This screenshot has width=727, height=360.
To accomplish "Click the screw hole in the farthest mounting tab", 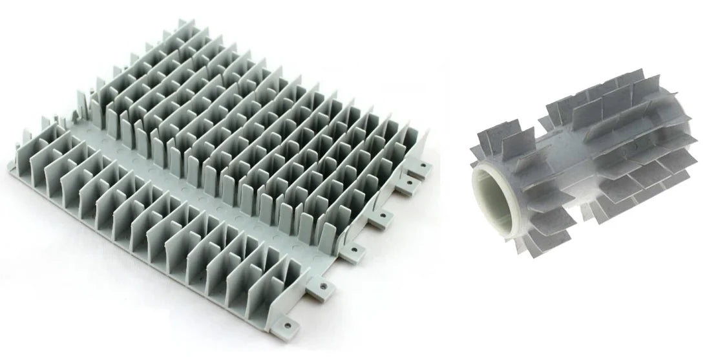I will (425, 165).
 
